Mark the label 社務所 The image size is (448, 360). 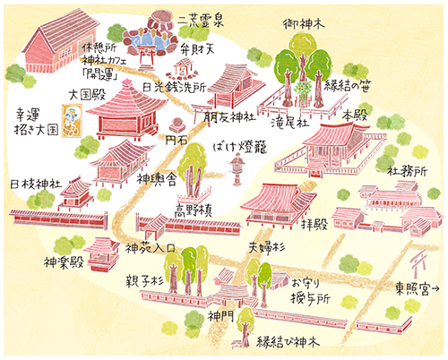tap(405, 169)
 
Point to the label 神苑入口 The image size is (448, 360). tap(148, 244)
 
